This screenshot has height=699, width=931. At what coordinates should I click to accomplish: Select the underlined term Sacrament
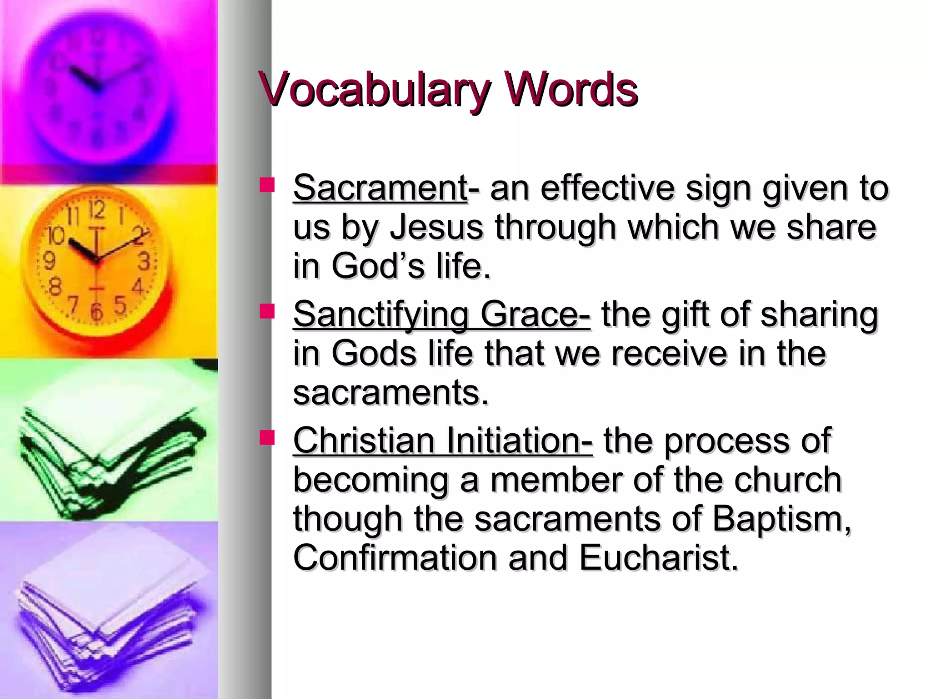pyautogui.click(x=380, y=187)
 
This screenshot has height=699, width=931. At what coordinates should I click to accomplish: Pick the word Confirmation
pyautogui.click(x=395, y=558)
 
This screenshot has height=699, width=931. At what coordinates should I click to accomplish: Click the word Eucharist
pyautogui.click(x=658, y=558)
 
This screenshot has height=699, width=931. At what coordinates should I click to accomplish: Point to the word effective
pyautogui.click(x=607, y=187)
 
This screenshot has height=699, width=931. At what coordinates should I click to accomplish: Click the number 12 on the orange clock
pyautogui.click(x=96, y=210)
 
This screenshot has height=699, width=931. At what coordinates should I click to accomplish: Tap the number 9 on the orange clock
pyautogui.click(x=49, y=261)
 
